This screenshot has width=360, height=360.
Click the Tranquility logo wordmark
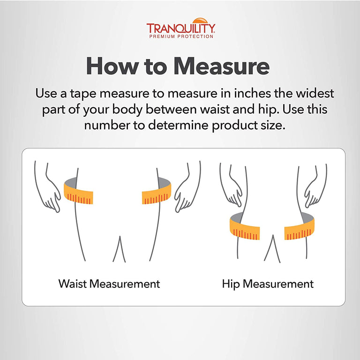coord(180,28)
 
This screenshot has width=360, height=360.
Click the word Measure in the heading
coord(221,66)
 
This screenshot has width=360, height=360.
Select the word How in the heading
coord(112,66)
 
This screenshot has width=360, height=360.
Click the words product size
coord(248,126)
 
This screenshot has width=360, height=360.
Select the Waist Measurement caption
coord(109,284)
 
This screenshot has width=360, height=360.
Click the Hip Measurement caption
coord(268,284)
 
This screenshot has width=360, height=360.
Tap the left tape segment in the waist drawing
coord(78,192)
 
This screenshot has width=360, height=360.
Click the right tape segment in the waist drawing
coord(157,192)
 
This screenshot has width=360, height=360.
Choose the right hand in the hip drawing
coord(315,186)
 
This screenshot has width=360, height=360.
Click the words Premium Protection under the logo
coord(181,36)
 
